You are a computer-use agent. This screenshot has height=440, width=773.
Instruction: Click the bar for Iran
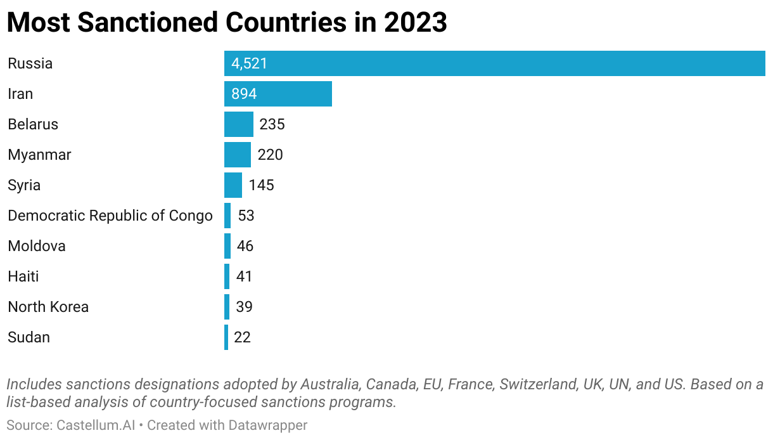pyautogui.click(x=278, y=94)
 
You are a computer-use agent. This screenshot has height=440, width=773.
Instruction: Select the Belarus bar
pyautogui.click(x=238, y=124)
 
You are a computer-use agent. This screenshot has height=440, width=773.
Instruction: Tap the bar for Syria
pyautogui.click(x=233, y=185)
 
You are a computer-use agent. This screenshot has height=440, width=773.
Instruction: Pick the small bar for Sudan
pyautogui.click(x=226, y=337)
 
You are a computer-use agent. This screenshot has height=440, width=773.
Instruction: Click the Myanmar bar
pyautogui.click(x=237, y=155)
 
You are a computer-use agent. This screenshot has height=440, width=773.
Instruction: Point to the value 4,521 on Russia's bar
pyautogui.click(x=249, y=63)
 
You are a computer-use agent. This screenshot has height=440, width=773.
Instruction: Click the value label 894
pyautogui.click(x=244, y=94)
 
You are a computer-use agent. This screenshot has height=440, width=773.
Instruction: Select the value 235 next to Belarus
pyautogui.click(x=272, y=124)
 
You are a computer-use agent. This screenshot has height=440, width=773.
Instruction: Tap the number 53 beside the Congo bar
pyautogui.click(x=246, y=216)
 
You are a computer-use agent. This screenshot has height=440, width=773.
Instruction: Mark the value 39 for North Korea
pyautogui.click(x=244, y=307)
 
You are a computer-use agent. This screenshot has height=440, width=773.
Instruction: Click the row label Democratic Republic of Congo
pyautogui.click(x=110, y=216)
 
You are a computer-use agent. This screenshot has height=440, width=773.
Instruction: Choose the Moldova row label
pyautogui.click(x=37, y=246)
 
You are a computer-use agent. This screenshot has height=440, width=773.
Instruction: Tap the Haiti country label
pyautogui.click(x=23, y=276)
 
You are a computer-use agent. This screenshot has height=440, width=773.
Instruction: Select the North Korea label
pyautogui.click(x=48, y=307)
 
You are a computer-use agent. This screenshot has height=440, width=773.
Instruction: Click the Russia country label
pyautogui.click(x=30, y=63)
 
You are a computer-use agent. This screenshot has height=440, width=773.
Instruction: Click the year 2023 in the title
pyautogui.click(x=414, y=23)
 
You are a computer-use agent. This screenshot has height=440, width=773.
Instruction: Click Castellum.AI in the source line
pyautogui.click(x=96, y=425)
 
